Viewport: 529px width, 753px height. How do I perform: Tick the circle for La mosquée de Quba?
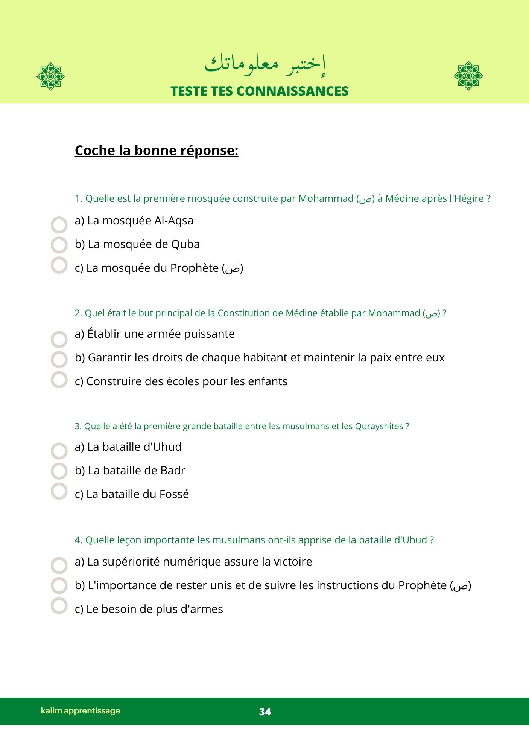(59, 245)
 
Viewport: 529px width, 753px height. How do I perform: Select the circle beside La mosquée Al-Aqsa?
(59, 225)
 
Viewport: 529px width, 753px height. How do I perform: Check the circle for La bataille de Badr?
(59, 471)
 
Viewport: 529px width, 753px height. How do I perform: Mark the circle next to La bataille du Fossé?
(59, 491)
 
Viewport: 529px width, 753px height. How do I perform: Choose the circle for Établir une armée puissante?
(59, 340)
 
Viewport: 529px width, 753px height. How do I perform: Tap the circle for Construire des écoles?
(59, 380)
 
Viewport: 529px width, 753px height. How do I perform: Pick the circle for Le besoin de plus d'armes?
(59, 605)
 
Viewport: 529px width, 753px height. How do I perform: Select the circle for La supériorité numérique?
(59, 566)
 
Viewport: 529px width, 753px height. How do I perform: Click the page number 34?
(265, 712)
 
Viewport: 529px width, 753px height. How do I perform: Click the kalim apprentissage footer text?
(81, 711)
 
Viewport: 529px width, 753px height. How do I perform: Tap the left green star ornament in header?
(51, 76)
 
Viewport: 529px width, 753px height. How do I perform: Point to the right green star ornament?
(468, 76)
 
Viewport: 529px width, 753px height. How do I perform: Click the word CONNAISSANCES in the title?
(293, 91)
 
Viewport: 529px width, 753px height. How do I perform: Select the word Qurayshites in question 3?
(379, 426)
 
